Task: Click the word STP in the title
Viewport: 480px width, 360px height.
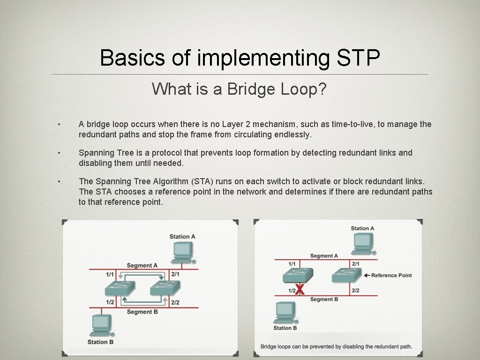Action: pos(358,58)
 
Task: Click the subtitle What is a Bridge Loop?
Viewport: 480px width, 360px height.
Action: pos(239,89)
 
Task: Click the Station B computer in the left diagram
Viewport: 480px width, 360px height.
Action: pos(101,325)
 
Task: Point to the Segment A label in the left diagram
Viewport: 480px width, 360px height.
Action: pos(142,265)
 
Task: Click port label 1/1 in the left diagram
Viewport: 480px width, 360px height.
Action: pos(110,274)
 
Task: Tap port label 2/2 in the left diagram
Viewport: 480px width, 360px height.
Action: pos(175,302)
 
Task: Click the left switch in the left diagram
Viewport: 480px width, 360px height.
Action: pos(120,287)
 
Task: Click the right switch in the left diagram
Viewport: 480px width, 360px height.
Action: pos(165,287)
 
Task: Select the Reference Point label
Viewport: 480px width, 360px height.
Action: pos(391,275)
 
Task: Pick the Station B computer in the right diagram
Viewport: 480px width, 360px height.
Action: pos(285,312)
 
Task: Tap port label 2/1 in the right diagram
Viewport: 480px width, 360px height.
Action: pos(356,264)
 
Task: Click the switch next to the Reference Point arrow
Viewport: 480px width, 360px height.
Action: pos(346,275)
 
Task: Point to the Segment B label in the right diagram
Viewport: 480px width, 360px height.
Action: pos(324,299)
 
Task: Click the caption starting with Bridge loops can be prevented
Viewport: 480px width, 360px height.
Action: pos(336,346)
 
